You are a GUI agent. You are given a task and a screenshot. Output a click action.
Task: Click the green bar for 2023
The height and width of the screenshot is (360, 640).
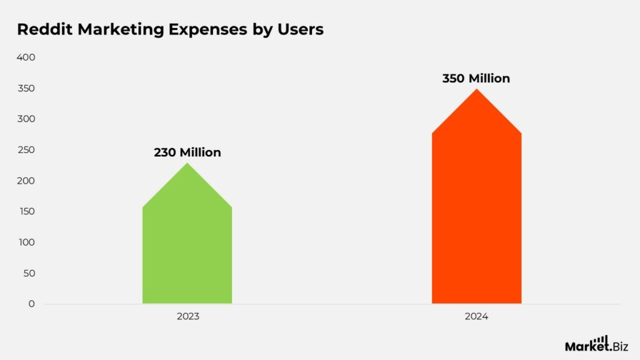[x=187, y=250]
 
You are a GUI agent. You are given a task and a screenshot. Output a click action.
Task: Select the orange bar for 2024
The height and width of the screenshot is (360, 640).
[x=476, y=219]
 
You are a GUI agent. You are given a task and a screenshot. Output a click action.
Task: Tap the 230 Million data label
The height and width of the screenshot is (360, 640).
[x=187, y=152]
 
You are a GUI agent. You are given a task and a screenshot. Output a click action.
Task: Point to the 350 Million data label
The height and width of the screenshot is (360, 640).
[x=476, y=79]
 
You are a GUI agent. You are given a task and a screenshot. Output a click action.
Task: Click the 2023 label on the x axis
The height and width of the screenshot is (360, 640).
[x=187, y=317]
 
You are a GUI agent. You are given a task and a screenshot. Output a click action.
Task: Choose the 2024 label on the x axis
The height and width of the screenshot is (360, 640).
[x=476, y=317]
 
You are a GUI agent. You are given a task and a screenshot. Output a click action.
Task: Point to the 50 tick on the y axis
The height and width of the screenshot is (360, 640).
[x=29, y=273]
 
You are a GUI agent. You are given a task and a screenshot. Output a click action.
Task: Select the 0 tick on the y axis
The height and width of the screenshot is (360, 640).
[x=31, y=304]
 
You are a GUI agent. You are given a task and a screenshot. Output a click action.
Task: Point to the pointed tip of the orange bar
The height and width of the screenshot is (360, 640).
[x=477, y=90]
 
